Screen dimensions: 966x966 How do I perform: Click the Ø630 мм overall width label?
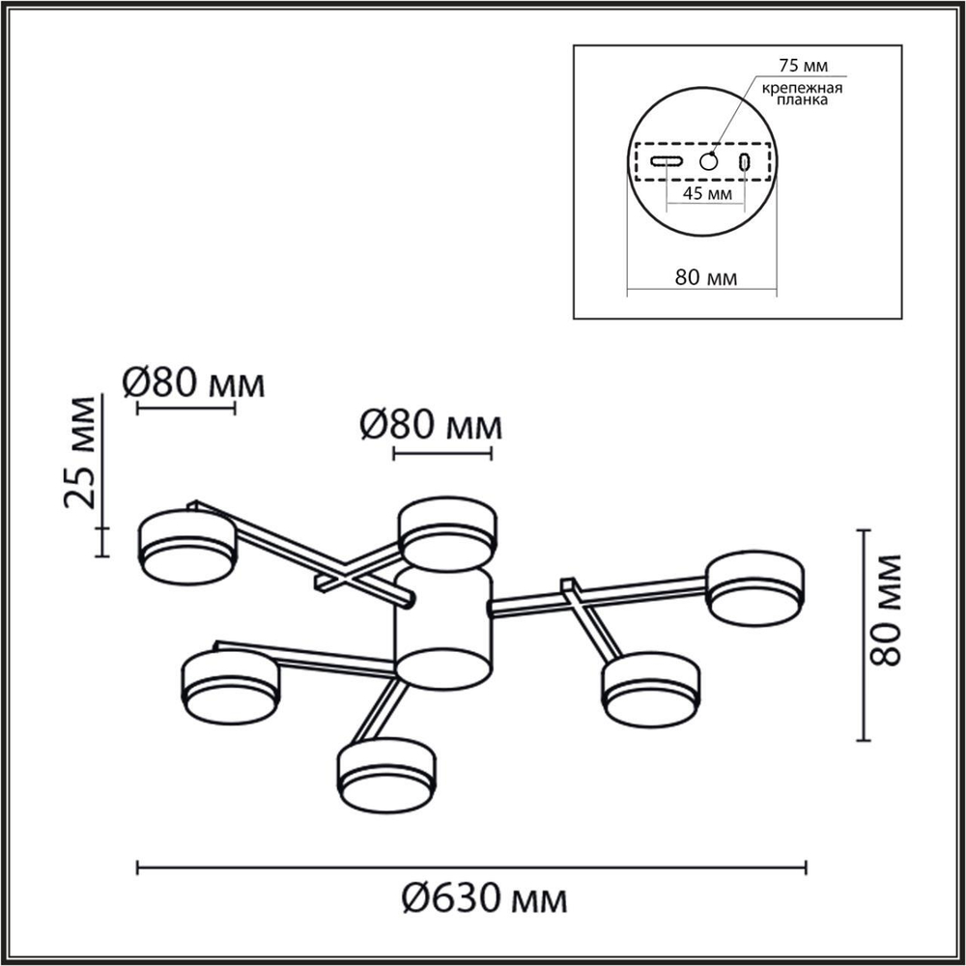click(x=483, y=900)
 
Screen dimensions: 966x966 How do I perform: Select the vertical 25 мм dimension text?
click(x=81, y=452)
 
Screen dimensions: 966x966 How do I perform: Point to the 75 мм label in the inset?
click(x=803, y=68)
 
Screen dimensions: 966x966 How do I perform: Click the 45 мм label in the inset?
click(x=705, y=192)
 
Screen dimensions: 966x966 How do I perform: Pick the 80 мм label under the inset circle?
click(x=706, y=277)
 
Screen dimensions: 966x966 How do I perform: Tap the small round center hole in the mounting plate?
click(x=710, y=161)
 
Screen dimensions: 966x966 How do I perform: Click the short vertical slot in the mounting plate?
click(x=745, y=161)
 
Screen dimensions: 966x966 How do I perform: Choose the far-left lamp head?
click(x=187, y=548)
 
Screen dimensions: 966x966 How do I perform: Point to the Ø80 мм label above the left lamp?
click(x=193, y=384)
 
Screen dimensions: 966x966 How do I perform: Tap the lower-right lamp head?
click(x=650, y=690)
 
